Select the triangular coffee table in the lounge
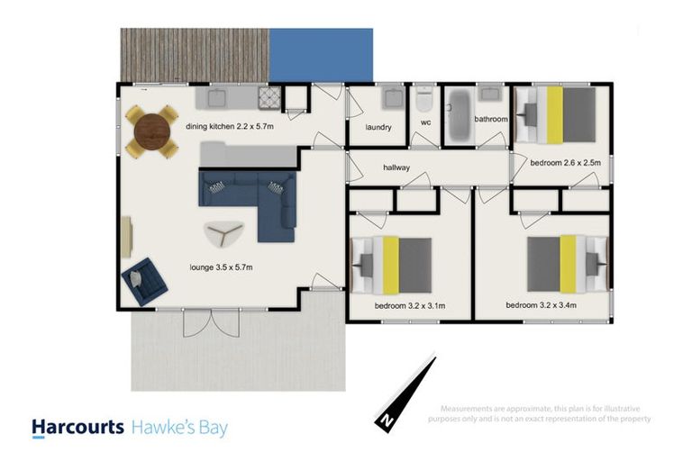coord(223,234)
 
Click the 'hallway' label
coord(396,167)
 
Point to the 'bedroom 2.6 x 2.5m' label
coord(565,163)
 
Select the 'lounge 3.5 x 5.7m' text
coord(222,267)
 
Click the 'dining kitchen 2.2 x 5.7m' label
coord(230,127)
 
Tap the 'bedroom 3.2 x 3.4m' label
coord(542,305)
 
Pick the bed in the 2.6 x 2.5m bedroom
coord(560,113)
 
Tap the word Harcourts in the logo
coord(77,427)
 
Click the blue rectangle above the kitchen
coord(321,54)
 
